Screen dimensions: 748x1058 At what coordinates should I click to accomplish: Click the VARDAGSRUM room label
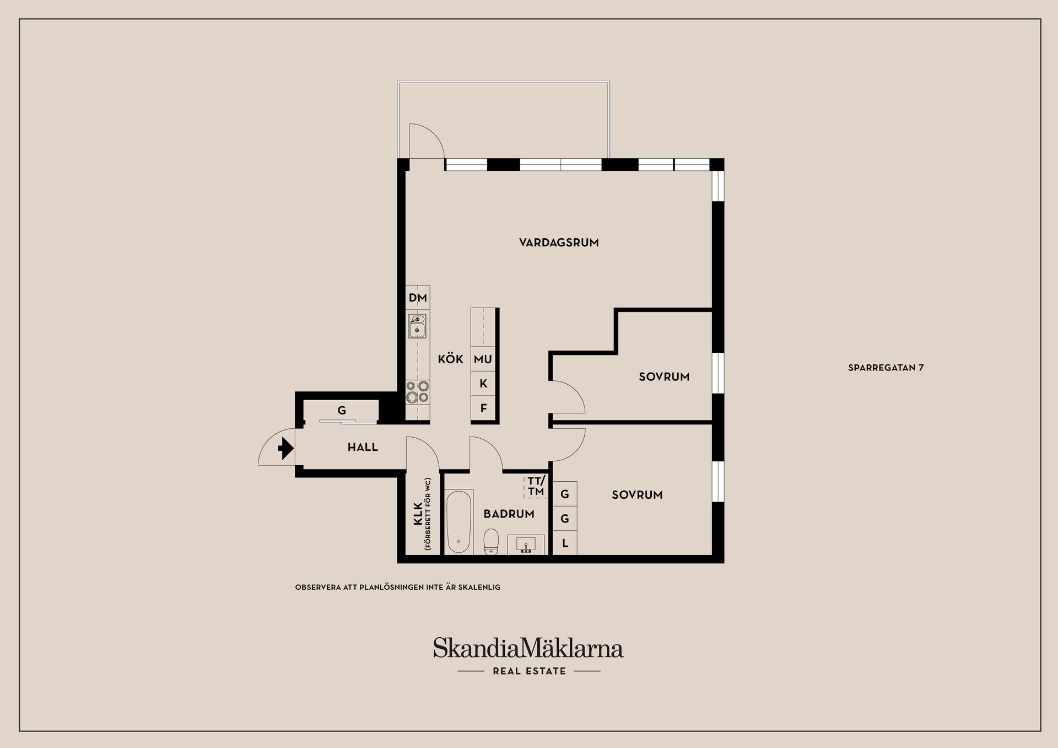[559, 243]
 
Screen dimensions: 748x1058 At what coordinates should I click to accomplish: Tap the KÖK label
[450, 359]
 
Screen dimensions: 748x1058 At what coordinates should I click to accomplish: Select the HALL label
[363, 447]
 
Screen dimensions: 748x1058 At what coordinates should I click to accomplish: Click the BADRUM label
[509, 514]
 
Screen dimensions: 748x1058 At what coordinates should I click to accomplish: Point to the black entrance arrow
[285, 448]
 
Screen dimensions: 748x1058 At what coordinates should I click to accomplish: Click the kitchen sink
[417, 326]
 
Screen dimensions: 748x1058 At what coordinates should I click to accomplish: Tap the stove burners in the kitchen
[417, 391]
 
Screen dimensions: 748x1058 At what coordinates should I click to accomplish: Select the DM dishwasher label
[418, 298]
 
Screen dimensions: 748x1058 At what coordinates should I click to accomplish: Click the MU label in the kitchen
[483, 359]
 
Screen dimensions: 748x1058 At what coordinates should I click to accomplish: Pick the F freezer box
[483, 408]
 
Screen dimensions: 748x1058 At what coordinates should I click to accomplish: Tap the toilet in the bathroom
[490, 542]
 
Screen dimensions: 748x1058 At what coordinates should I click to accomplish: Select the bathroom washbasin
[526, 545]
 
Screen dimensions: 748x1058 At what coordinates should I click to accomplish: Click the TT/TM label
[536, 486]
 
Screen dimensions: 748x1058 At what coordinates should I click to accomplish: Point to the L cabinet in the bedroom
[565, 543]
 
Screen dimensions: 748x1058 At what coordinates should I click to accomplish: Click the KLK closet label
[418, 513]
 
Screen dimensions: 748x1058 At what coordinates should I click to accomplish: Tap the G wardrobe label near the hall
[342, 411]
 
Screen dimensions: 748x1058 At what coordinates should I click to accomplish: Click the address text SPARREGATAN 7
[886, 368]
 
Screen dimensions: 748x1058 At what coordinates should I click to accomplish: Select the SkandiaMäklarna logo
[528, 649]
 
